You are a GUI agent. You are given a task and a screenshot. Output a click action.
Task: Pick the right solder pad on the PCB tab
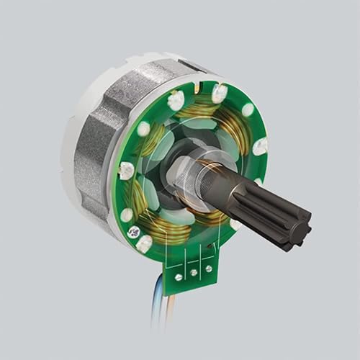(209, 269)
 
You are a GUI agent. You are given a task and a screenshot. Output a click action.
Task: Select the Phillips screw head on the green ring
(134, 232)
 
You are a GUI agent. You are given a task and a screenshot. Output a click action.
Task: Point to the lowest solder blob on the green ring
(144, 245)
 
